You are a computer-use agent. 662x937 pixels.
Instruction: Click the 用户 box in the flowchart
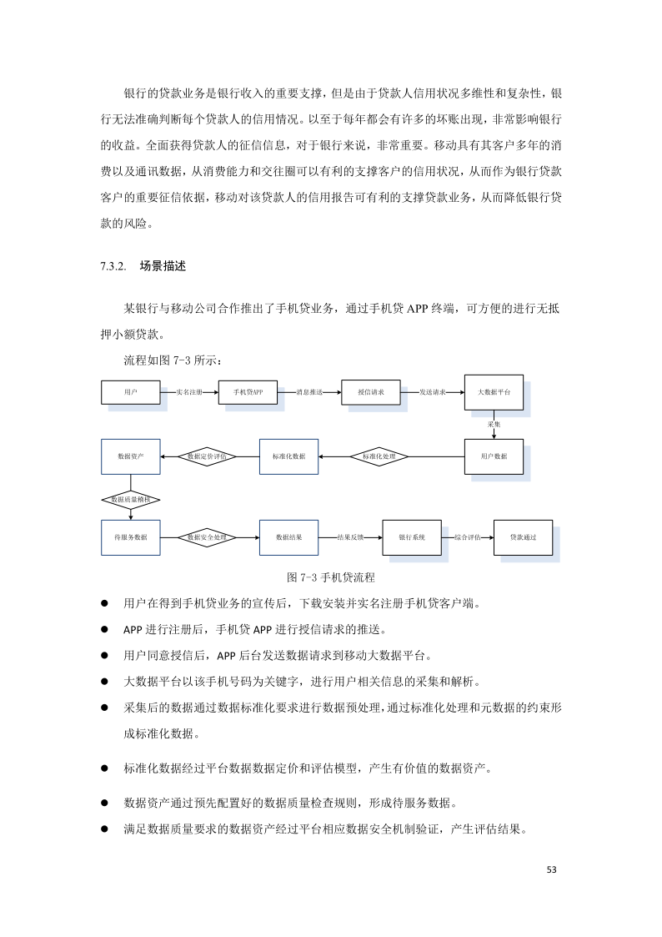click(x=130, y=391)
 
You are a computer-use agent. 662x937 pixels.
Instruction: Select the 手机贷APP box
click(x=248, y=391)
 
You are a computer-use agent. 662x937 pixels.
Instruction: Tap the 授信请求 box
click(x=370, y=391)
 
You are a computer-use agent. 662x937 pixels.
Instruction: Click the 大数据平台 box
click(x=494, y=391)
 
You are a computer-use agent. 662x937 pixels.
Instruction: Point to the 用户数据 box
click(x=494, y=456)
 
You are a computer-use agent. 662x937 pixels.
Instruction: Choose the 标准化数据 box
click(x=288, y=456)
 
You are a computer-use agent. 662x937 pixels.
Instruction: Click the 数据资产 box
click(x=130, y=456)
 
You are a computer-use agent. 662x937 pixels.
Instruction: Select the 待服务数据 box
click(x=130, y=537)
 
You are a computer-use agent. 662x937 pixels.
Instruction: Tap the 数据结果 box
click(x=288, y=537)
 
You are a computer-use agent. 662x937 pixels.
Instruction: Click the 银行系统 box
click(x=412, y=537)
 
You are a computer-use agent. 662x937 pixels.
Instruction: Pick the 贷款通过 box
click(x=523, y=537)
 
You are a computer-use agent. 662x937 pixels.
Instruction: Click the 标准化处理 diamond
click(x=379, y=456)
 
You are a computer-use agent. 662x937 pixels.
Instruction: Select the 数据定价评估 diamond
click(x=207, y=456)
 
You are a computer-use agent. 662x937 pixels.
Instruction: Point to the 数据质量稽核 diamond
click(x=130, y=499)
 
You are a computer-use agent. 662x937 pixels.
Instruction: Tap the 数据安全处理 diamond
click(x=207, y=537)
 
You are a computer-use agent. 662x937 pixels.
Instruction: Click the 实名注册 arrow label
click(x=190, y=391)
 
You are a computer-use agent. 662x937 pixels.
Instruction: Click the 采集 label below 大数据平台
click(x=494, y=424)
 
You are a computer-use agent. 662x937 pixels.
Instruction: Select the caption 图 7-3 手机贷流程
click(x=330, y=577)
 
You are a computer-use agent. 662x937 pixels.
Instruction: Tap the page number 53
click(x=551, y=869)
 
